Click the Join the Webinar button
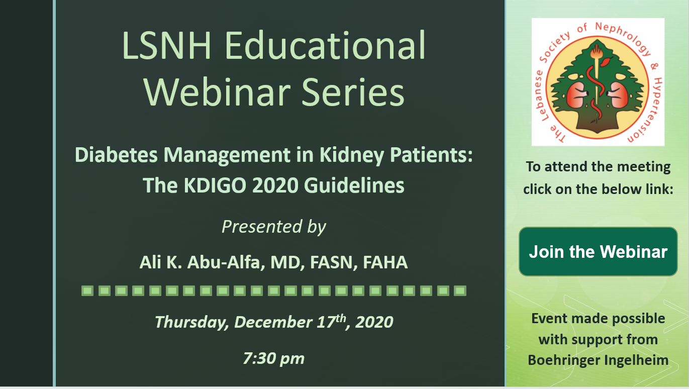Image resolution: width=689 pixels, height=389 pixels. [x=598, y=251]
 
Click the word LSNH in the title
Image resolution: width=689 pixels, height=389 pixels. [x=167, y=45]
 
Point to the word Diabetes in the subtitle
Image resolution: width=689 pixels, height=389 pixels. [x=116, y=154]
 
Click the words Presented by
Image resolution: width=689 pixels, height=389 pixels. [x=274, y=227]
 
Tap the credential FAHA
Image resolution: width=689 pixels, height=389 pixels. [x=385, y=263]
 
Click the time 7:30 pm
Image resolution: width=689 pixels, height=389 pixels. [x=274, y=358]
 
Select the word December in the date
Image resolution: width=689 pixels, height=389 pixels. [x=273, y=322]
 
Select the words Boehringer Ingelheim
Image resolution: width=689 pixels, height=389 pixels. [x=598, y=360]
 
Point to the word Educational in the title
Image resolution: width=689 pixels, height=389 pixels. [x=325, y=45]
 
